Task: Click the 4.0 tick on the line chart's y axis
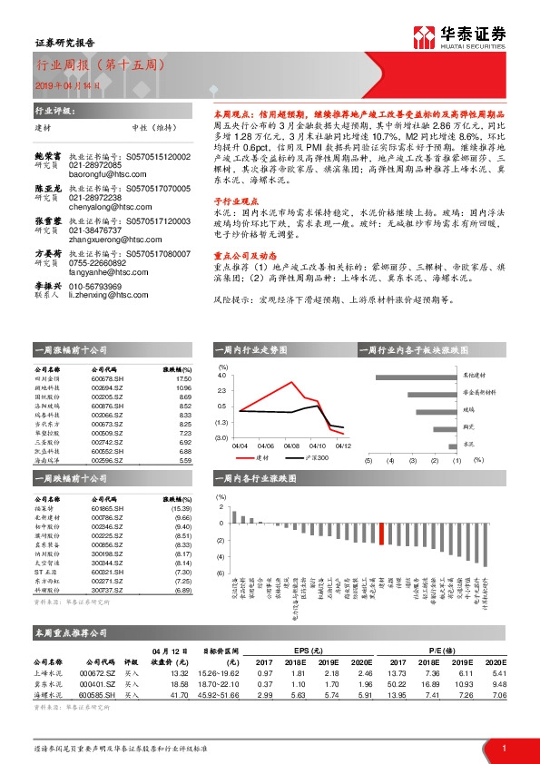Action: [x=222, y=375]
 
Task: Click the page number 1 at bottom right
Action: [x=503, y=748]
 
